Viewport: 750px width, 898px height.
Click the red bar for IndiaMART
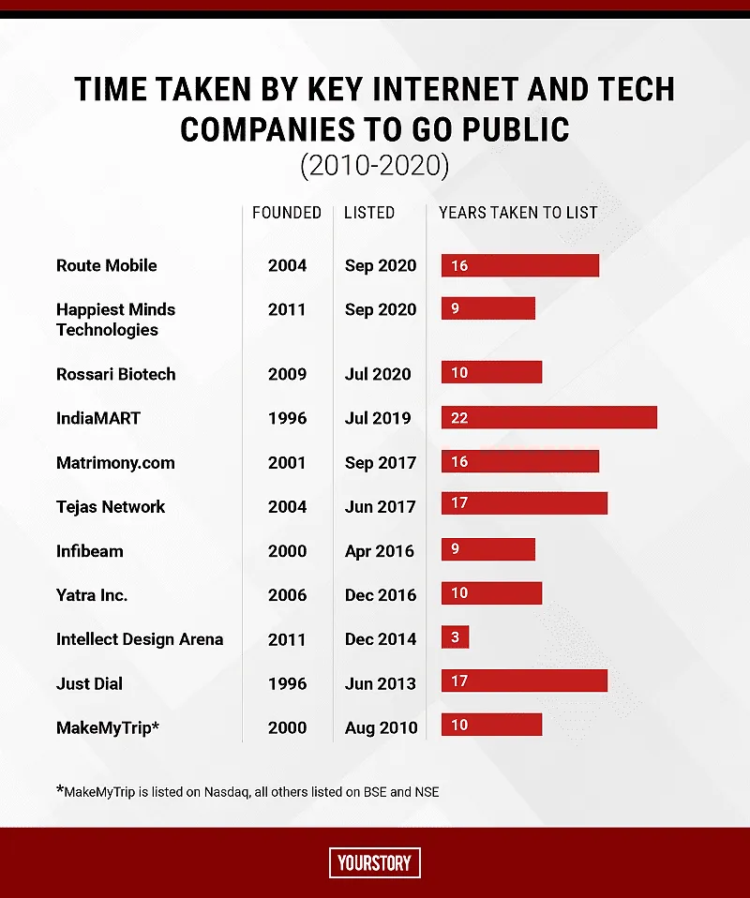click(x=548, y=417)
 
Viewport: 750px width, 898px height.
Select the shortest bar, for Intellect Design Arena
click(x=455, y=636)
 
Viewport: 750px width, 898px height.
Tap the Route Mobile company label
click(x=107, y=265)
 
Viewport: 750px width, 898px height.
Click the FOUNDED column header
click(x=287, y=213)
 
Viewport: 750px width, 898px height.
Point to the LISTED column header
click(x=369, y=213)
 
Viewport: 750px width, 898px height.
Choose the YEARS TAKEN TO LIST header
click(x=517, y=213)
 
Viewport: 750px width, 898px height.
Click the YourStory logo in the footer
click(x=375, y=862)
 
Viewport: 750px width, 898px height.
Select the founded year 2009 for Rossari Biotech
click(x=287, y=374)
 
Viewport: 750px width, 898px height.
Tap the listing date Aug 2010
click(x=381, y=728)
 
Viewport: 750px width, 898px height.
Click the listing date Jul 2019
click(x=378, y=418)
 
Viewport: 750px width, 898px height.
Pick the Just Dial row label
click(x=89, y=683)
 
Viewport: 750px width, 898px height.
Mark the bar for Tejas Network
click(x=524, y=502)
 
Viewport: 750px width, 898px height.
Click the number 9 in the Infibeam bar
click(x=455, y=548)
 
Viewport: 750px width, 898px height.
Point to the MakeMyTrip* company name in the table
click(x=108, y=728)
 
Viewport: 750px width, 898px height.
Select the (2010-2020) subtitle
click(x=375, y=166)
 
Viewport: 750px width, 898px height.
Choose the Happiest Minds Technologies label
click(x=115, y=320)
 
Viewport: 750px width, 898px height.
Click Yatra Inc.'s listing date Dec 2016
click(x=381, y=595)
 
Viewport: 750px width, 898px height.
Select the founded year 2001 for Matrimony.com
click(x=287, y=463)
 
